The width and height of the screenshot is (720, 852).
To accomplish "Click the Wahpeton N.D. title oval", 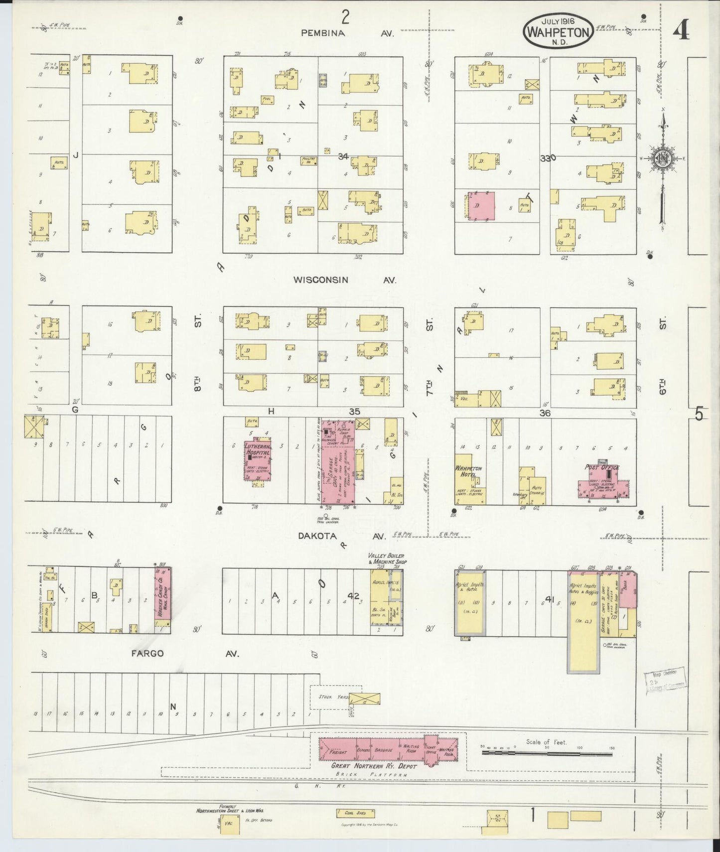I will (x=558, y=31).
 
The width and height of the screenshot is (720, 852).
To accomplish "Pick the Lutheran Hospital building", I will (x=257, y=461).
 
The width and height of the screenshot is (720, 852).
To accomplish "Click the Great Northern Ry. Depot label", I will (x=374, y=765).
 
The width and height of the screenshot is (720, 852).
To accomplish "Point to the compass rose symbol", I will (x=663, y=159).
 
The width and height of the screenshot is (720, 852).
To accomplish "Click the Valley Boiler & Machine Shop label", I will (x=386, y=559).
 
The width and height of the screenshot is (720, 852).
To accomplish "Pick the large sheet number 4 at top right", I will (x=681, y=31).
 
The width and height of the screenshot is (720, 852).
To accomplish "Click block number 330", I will (x=548, y=158).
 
